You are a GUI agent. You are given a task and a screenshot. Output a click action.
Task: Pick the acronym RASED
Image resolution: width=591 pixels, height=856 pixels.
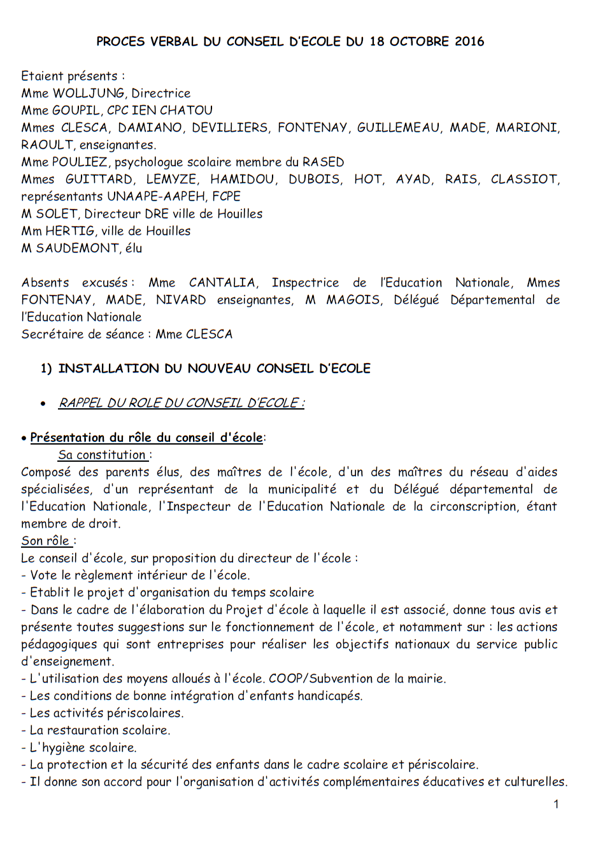(x=323, y=162)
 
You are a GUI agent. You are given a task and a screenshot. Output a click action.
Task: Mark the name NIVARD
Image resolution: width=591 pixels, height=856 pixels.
(x=181, y=299)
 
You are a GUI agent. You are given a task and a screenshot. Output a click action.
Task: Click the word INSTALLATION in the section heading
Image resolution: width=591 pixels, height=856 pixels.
(x=108, y=368)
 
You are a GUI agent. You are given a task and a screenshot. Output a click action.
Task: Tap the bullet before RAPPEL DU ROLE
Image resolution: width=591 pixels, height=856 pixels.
(x=43, y=403)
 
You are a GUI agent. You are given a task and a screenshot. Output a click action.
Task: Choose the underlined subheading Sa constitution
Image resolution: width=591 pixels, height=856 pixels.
(x=102, y=455)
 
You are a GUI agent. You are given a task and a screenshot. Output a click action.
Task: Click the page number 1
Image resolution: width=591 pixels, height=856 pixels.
(x=556, y=804)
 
